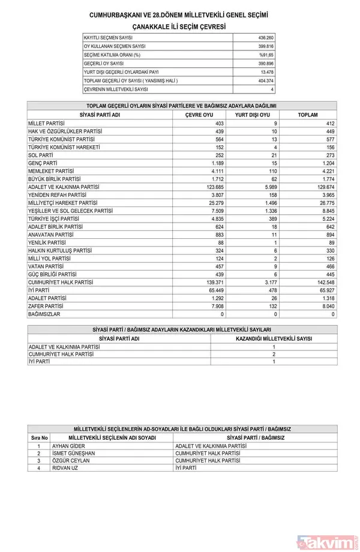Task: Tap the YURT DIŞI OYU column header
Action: coord(252,115)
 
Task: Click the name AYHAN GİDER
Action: coord(68,446)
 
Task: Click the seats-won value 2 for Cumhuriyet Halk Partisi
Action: coord(273,354)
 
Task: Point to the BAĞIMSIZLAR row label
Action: coord(45,313)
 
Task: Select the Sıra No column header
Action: coord(39,438)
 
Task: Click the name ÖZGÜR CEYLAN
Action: coord(70,460)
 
